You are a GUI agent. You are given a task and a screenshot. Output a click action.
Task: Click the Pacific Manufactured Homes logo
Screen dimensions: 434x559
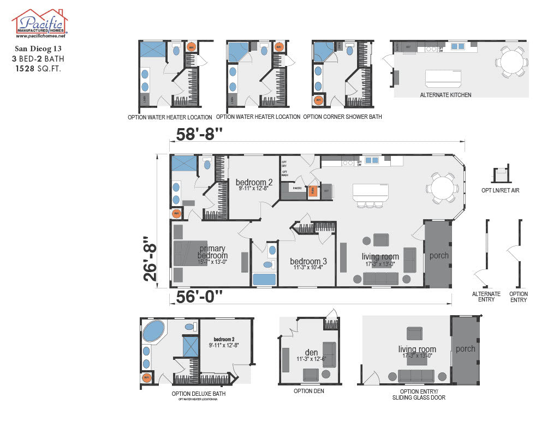click(x=39, y=23)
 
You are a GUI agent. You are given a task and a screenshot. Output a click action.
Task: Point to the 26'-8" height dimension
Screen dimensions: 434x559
click(x=150, y=258)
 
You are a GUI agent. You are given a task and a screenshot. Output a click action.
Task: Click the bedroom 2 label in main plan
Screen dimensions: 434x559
click(x=254, y=182)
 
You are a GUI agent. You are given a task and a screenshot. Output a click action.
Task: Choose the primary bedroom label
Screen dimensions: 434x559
click(x=213, y=252)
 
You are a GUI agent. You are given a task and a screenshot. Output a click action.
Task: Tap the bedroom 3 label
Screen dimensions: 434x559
click(x=308, y=261)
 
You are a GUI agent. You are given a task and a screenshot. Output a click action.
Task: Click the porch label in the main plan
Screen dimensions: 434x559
click(x=439, y=255)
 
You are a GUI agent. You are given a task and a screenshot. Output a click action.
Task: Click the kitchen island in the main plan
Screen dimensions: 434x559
click(x=370, y=192)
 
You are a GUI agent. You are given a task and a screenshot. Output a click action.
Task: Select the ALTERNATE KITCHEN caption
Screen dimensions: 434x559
click(x=445, y=95)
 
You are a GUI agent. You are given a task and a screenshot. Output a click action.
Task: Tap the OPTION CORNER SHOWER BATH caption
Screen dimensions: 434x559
click(x=342, y=117)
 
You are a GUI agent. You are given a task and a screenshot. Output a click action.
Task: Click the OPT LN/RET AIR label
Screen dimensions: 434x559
click(x=501, y=190)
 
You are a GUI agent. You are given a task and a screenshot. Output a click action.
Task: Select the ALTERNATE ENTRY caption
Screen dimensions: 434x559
click(x=486, y=297)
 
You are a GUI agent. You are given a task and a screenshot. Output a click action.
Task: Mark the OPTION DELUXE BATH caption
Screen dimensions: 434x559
click(x=198, y=393)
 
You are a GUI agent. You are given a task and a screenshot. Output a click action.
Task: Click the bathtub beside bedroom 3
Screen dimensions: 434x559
click(x=264, y=279)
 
